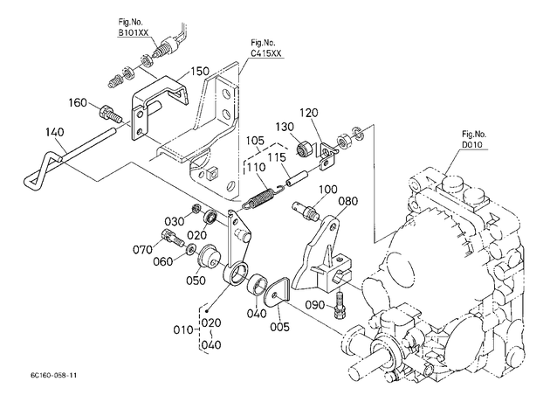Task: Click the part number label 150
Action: click(200, 71)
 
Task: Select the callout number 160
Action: click(78, 102)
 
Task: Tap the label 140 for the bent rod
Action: click(55, 132)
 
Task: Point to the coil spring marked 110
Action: click(263, 198)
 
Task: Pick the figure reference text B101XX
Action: click(134, 32)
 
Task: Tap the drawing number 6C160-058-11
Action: click(53, 375)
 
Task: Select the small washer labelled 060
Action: click(191, 249)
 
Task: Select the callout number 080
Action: click(348, 201)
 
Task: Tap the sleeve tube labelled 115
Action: click(299, 179)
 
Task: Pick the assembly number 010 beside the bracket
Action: click(183, 330)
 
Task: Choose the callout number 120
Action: click(309, 113)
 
